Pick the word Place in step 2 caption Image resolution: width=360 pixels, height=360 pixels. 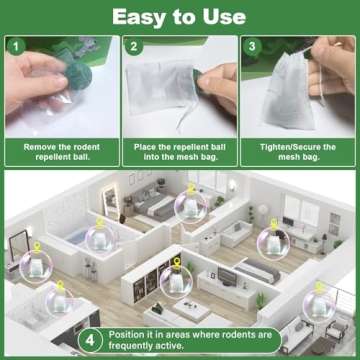(x=147, y=147)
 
